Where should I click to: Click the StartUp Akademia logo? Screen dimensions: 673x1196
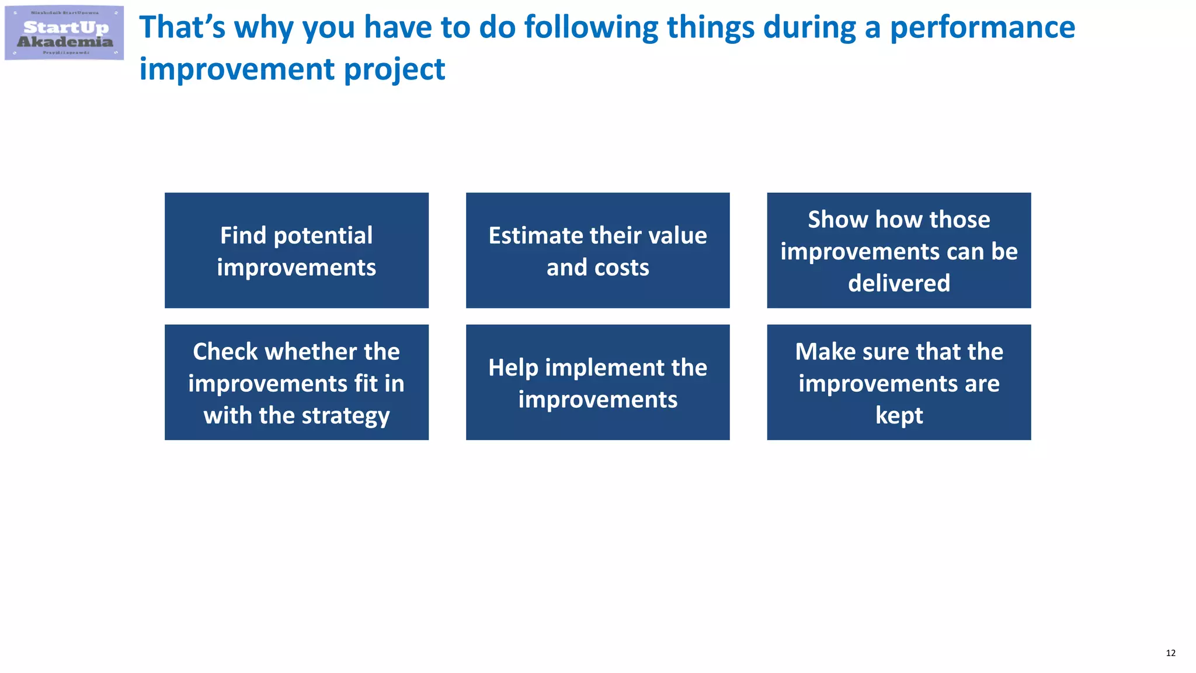point(64,33)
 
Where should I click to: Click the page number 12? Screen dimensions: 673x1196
point(1170,653)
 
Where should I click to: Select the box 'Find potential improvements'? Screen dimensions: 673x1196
point(296,251)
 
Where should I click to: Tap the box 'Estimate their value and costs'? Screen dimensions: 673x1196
point(597,251)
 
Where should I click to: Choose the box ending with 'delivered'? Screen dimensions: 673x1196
point(899,251)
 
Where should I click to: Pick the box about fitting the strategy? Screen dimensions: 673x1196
point(296,383)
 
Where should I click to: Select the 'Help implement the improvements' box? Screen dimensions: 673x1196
point(597,383)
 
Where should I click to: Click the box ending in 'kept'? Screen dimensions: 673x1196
point(899,383)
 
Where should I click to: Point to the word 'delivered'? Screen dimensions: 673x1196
point(899,283)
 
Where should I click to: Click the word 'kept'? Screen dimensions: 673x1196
point(899,415)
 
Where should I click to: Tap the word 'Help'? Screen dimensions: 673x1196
point(513,368)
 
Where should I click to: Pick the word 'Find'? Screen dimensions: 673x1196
point(243,235)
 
